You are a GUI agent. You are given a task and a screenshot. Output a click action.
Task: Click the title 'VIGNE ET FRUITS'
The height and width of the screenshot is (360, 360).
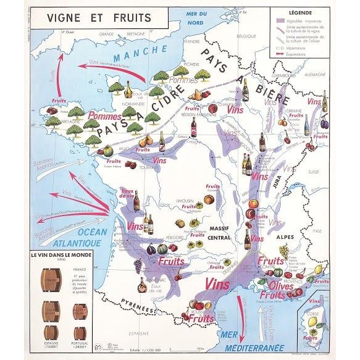pyautogui.click(x=99, y=17)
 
